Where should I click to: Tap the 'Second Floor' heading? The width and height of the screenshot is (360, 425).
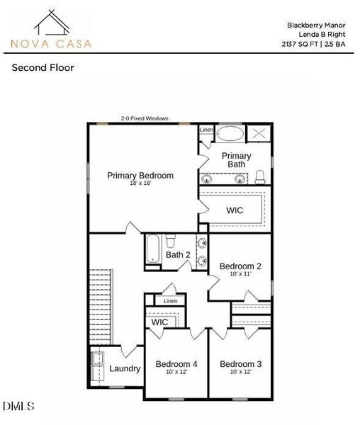click(x=43, y=68)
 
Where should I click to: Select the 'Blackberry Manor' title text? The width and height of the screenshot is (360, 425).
click(x=316, y=25)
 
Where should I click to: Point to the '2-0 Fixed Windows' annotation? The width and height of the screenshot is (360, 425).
click(x=145, y=118)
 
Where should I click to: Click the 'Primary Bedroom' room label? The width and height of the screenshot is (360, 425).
click(x=140, y=175)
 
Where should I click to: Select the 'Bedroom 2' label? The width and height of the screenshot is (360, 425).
click(x=240, y=266)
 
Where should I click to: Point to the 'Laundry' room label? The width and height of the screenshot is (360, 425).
click(x=125, y=368)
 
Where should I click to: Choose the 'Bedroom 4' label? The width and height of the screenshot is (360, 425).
click(x=176, y=364)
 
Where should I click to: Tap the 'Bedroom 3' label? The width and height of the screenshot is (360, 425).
click(x=240, y=364)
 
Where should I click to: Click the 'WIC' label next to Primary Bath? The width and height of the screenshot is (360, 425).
click(x=235, y=210)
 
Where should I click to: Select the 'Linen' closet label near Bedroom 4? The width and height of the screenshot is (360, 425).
click(x=170, y=301)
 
